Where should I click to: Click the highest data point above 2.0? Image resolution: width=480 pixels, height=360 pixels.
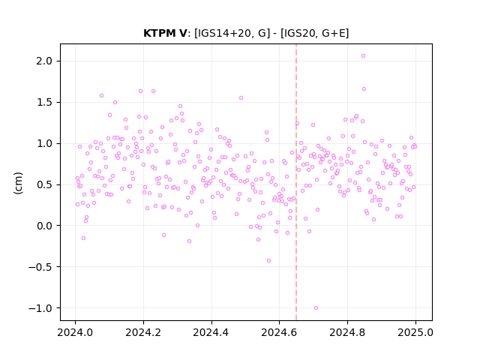coord(363,55)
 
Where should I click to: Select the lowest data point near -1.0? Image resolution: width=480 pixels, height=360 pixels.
coord(316,307)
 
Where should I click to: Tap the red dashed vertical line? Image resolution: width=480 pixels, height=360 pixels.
coord(296,181)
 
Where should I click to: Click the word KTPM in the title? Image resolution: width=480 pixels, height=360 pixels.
coord(158,33)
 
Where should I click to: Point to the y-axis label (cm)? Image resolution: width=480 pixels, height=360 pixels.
coord(18,183)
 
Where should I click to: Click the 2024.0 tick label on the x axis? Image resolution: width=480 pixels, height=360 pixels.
coord(75,332)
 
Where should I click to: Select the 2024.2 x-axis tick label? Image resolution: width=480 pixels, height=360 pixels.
coord(143,332)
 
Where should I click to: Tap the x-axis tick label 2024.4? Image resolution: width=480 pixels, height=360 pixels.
coord(211,332)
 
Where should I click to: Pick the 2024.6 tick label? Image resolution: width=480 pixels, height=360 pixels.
coord(279,332)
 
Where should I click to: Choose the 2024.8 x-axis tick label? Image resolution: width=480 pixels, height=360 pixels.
coord(347,332)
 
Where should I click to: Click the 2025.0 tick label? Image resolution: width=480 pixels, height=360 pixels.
coord(415,332)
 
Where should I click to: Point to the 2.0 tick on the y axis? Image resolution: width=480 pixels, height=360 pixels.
coord(43,61)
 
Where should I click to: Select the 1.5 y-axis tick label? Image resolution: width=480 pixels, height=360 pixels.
coord(43,102)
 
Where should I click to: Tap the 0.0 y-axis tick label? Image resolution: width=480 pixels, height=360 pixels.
coord(43,226)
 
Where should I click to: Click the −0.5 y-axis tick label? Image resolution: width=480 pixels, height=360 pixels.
coord(40,267)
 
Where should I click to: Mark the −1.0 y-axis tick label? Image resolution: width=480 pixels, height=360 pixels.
coord(40,308)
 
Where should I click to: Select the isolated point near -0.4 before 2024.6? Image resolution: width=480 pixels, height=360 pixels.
coord(268,260)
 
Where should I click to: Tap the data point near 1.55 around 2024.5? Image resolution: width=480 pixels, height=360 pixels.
coord(241,97)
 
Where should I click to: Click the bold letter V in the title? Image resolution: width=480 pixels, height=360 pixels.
coord(182,33)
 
